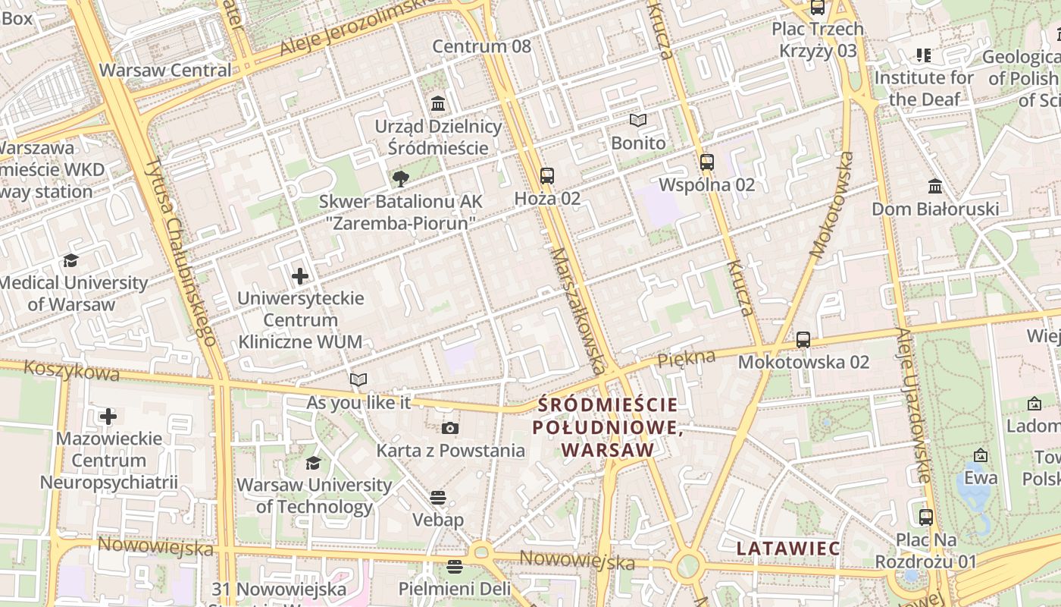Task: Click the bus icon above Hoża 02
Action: [x=547, y=176]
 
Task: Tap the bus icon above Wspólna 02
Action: [x=707, y=162]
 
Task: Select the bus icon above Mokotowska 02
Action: [x=803, y=339]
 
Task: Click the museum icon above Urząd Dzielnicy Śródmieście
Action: [x=438, y=103]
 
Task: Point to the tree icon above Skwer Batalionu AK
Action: [x=400, y=179]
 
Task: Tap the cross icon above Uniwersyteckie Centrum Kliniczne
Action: [x=300, y=276]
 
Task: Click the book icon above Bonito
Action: [x=638, y=121]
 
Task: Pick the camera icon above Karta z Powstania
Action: [x=450, y=429]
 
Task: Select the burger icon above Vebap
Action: [x=437, y=498]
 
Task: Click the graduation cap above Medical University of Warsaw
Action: [x=70, y=261]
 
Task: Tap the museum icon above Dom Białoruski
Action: [x=935, y=187]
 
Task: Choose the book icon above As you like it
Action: [x=358, y=380]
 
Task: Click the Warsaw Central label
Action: [x=165, y=70]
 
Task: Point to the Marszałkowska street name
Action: [x=578, y=310]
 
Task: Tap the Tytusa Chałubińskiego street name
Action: [x=181, y=251]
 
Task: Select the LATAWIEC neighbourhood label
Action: [x=788, y=549]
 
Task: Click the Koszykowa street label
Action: [x=72, y=371]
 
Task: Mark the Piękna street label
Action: [x=686, y=358]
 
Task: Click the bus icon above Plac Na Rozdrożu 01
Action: [x=925, y=517]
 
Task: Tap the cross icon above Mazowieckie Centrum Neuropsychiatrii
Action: [x=108, y=417]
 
